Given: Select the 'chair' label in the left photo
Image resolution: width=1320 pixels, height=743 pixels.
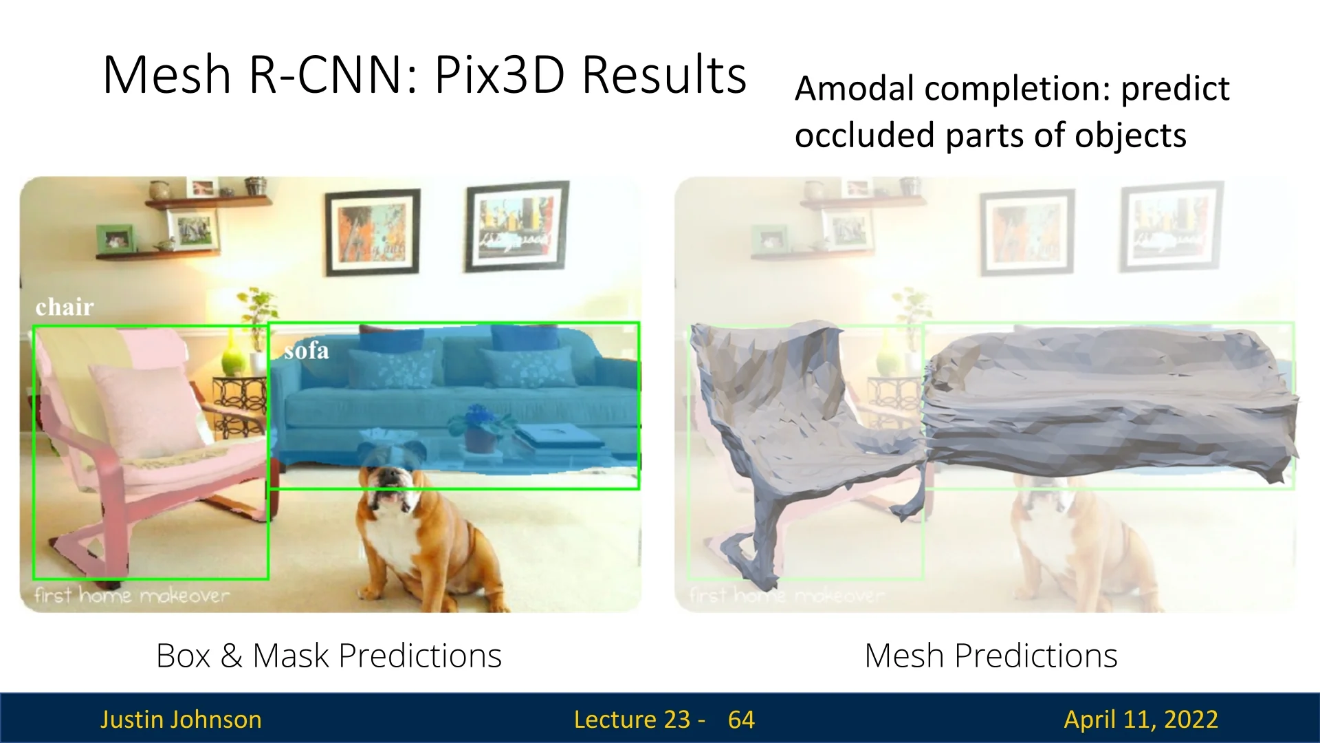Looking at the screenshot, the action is pos(65,307).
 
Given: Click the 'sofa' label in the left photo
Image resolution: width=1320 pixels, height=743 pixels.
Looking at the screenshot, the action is pos(306,351).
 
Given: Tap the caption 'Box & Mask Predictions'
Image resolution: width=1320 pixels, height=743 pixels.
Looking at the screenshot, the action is pos(329,656).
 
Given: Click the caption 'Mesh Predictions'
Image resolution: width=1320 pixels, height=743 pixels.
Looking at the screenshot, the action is pos(991,656).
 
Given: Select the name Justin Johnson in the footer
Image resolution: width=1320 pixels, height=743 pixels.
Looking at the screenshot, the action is pos(181,720).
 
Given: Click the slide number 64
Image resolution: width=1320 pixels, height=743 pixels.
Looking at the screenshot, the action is pos(741,720).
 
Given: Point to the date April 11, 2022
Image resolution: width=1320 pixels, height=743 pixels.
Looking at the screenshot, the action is pos(1141,720).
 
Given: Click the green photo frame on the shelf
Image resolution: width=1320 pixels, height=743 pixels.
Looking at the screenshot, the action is pos(115,238).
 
